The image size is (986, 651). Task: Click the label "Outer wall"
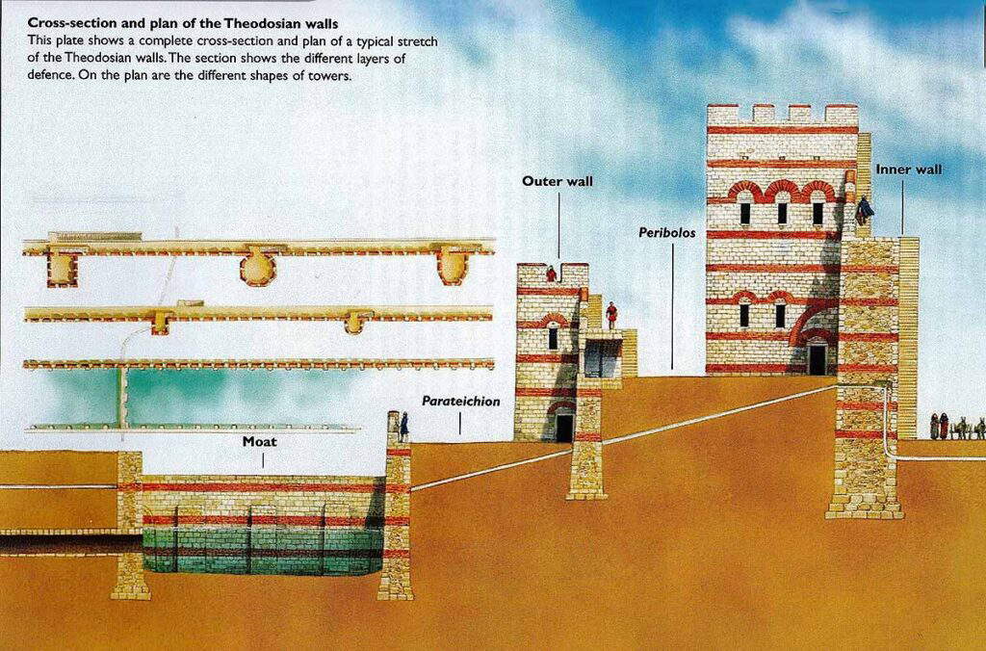coord(558,180)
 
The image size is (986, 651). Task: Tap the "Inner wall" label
coord(908,169)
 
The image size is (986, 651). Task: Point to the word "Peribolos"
coord(667,232)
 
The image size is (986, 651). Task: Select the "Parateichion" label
coord(461,401)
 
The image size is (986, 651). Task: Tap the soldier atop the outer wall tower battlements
coord(552,273)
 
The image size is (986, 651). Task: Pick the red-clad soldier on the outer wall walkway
coord(610,314)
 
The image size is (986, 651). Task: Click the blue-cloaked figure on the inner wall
coord(864,209)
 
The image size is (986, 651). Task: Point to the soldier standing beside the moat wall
coord(403,426)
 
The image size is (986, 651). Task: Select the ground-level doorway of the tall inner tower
coord(817,359)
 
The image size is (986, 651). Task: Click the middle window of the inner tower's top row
coord(781,213)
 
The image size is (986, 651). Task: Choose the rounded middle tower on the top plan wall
coord(257,267)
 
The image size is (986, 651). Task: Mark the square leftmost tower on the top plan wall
coord(62,269)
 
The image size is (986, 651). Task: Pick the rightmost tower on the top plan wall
coord(453,266)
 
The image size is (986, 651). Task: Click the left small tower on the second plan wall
coord(160,322)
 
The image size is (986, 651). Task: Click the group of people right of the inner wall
coord(956,427)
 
